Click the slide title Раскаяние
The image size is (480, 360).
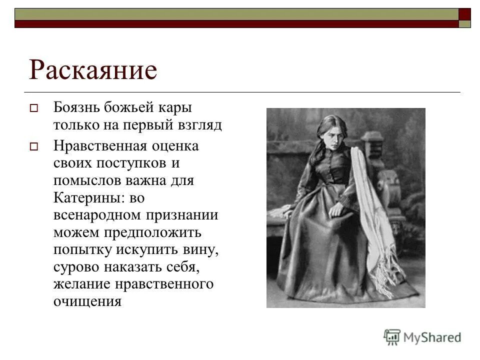tap(93, 70)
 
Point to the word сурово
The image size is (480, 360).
tap(75, 267)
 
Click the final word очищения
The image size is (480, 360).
tap(87, 301)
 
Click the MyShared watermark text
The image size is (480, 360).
tap(432, 337)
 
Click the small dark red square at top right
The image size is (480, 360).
tap(464, 13)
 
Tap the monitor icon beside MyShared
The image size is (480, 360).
tap(392, 337)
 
